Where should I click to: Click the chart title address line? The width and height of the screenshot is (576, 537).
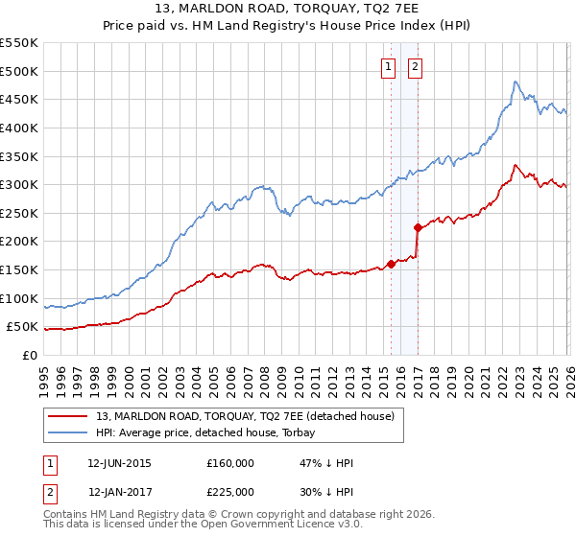point(288,9)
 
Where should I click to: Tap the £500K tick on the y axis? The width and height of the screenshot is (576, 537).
point(18,71)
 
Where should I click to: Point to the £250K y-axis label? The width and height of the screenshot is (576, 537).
point(18,213)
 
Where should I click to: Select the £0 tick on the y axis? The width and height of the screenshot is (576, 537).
point(29,355)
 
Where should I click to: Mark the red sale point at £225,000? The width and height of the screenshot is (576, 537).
point(418,227)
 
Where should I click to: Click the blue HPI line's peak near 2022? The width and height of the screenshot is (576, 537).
point(516,82)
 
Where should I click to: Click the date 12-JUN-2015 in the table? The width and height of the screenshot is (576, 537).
point(119,463)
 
